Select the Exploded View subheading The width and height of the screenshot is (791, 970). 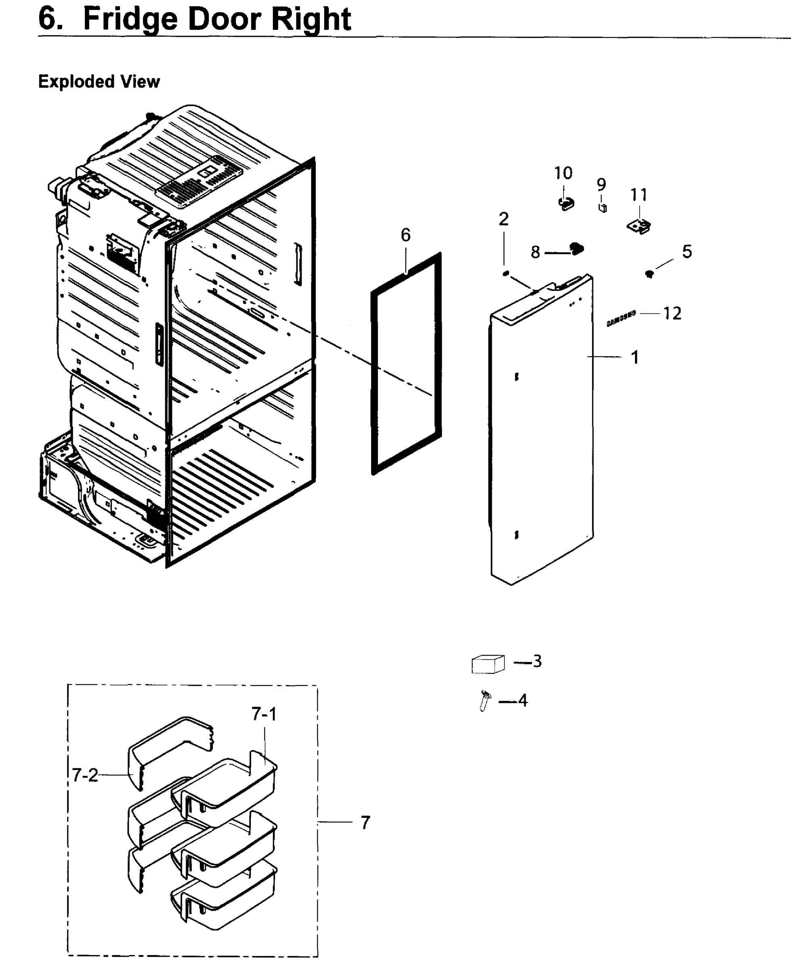(x=99, y=82)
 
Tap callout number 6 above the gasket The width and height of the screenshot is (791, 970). (x=405, y=235)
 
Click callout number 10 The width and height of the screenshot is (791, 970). (x=563, y=173)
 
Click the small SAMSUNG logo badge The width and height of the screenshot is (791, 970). (x=621, y=319)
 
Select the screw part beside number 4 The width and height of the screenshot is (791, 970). (x=485, y=700)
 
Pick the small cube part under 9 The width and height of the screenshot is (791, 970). (x=602, y=208)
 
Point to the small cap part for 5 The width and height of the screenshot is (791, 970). (x=649, y=274)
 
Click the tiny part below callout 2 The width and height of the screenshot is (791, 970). (x=505, y=273)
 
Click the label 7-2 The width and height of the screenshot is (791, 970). (x=85, y=775)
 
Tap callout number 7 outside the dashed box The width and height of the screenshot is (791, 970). (x=365, y=823)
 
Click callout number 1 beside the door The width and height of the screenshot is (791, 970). (x=634, y=357)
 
